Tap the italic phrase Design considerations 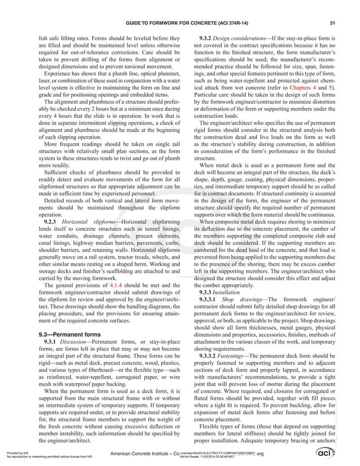pos(248,37)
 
